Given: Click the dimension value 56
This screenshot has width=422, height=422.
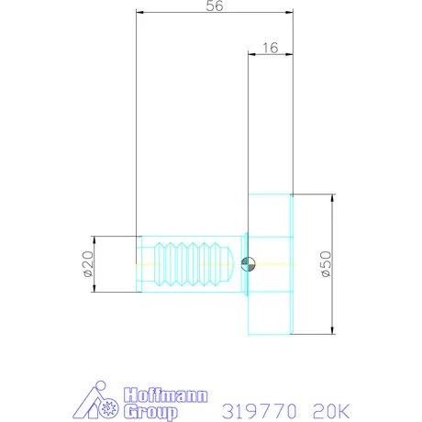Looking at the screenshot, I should click(x=214, y=6).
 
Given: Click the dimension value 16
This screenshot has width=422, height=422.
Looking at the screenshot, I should click(x=270, y=47).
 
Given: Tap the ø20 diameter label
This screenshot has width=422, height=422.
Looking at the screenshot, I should click(x=88, y=264).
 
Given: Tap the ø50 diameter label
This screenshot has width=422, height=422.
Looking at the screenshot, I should click(x=324, y=264).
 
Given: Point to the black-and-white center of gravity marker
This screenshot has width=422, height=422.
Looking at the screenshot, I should click(x=246, y=264).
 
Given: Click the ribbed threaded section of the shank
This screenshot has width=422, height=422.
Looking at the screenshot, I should click(x=193, y=264).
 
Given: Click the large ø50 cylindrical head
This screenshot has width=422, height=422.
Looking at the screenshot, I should click(x=270, y=264).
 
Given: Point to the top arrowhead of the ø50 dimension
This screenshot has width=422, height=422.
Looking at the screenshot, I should click(x=331, y=197).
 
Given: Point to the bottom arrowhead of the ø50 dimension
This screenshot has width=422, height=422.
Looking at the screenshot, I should click(x=331, y=331).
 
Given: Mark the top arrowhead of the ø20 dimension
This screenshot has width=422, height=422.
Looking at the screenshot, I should click(x=95, y=239).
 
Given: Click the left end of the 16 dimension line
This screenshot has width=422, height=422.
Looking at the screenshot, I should click(x=250, y=54).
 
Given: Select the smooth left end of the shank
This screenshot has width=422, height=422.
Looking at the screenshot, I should click(x=143, y=264).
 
